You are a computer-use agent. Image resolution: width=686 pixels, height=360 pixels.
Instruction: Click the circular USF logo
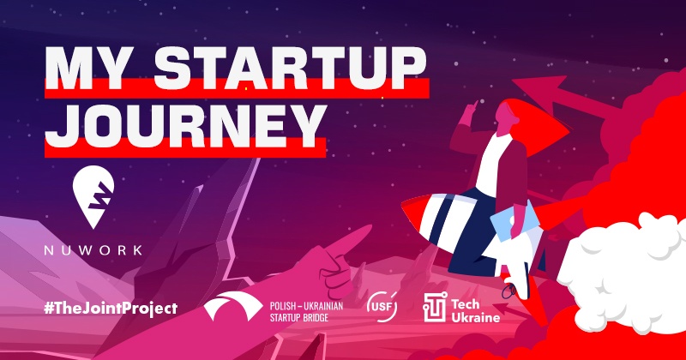pos(382,307)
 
